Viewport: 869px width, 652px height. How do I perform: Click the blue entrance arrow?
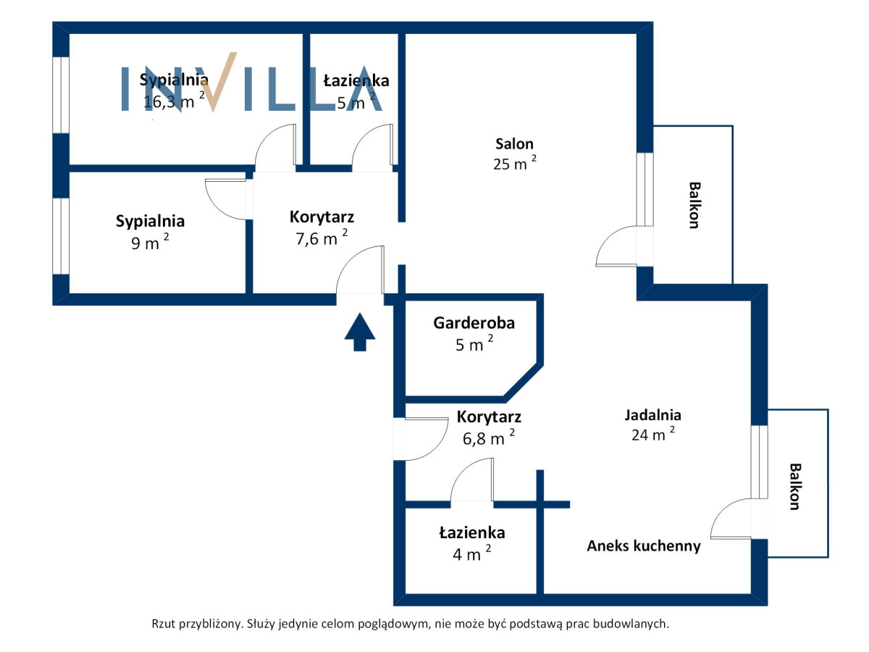[359, 332]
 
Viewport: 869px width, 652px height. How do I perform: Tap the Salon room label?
[514, 143]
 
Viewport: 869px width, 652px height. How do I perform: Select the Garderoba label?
[474, 323]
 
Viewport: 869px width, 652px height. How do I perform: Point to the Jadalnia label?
[652, 415]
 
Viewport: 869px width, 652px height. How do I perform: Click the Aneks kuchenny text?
[643, 546]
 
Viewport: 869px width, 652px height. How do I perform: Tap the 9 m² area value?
[150, 242]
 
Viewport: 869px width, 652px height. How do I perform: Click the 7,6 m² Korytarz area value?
[322, 238]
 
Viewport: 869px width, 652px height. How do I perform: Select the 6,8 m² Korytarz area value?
[489, 438]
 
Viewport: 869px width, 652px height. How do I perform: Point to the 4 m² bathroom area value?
[472, 553]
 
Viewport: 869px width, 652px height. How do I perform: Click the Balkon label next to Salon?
[694, 205]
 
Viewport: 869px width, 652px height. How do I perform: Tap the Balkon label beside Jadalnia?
[795, 487]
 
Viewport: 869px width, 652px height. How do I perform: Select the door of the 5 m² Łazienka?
[372, 147]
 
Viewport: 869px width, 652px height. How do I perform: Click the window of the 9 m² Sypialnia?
[61, 236]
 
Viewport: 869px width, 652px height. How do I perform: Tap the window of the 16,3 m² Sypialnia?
[61, 95]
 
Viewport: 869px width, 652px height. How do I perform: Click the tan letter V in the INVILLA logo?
[219, 82]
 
